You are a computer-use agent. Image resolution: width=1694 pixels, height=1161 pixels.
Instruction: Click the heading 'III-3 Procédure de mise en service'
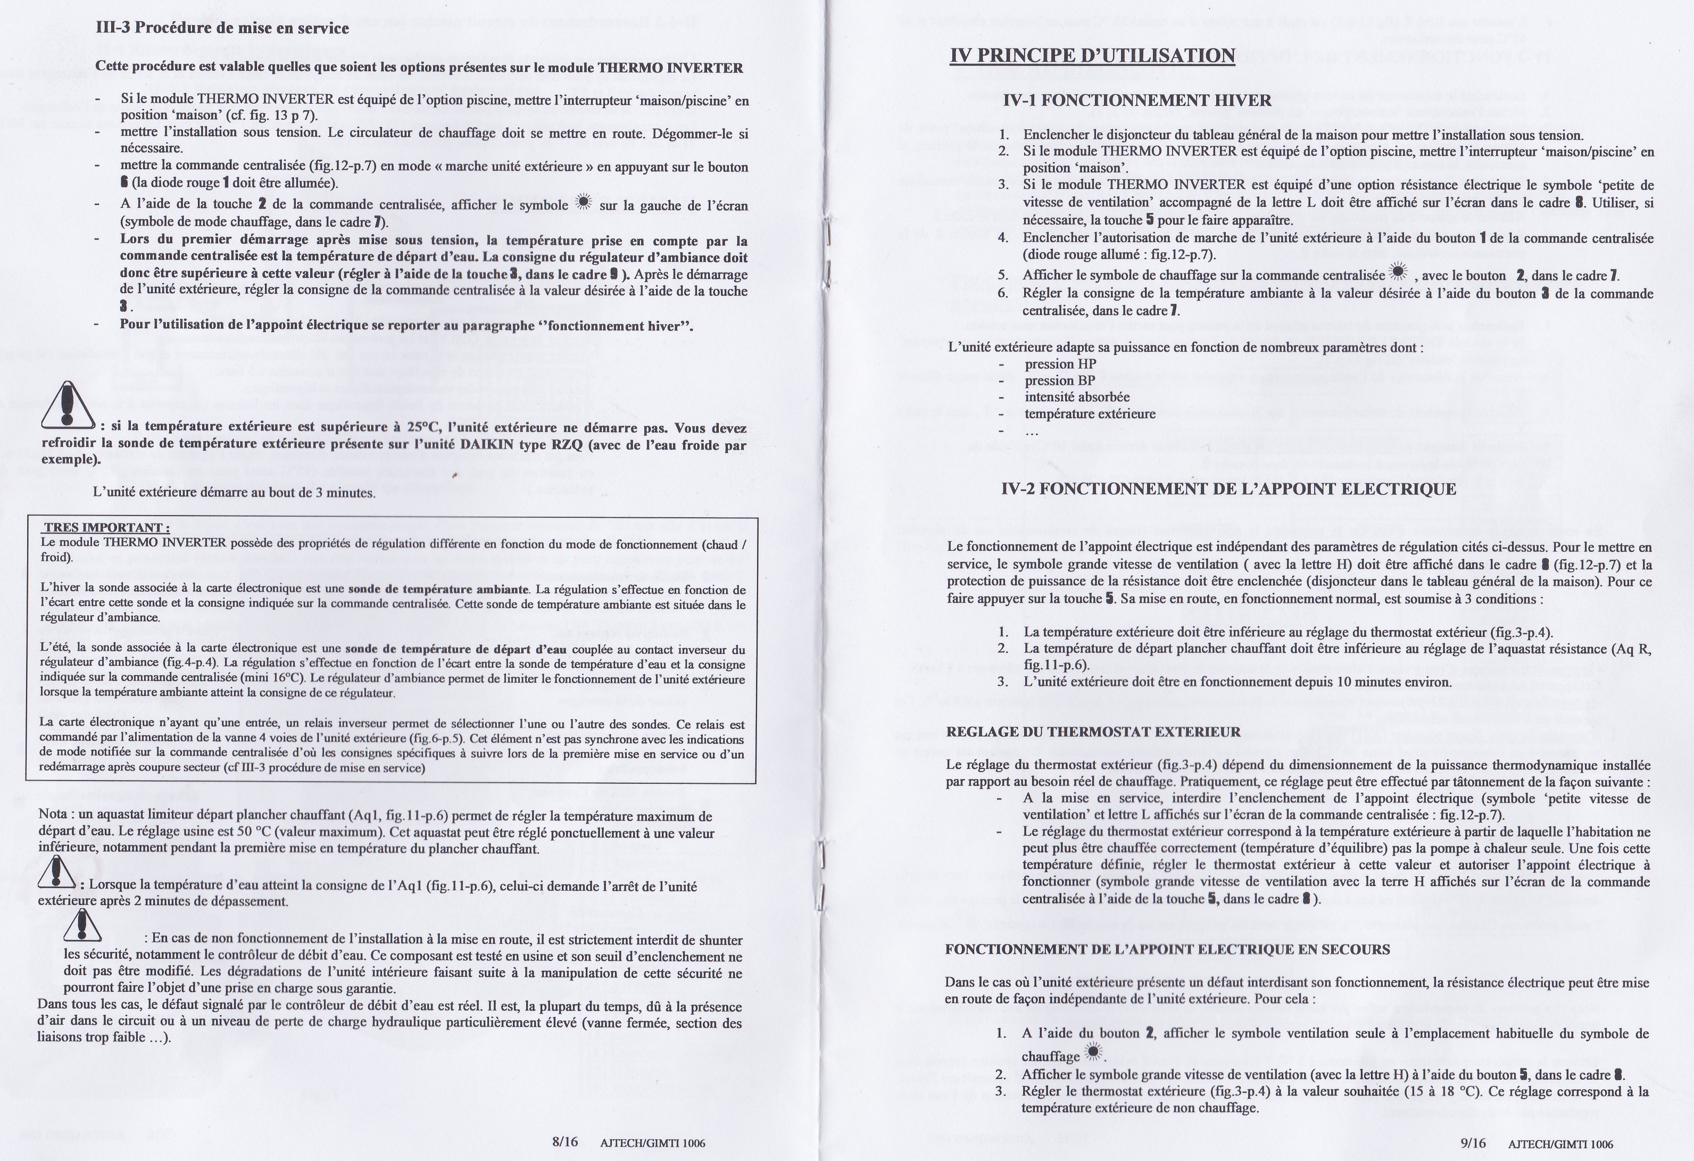click(x=222, y=28)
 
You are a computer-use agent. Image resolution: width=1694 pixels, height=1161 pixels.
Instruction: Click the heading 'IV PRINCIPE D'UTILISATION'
click(x=1092, y=55)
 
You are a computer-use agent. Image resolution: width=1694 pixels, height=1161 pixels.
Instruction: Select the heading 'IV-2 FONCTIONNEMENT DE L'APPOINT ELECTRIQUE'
click(x=1228, y=489)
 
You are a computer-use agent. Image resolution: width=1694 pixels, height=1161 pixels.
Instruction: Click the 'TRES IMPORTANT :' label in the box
click(x=107, y=527)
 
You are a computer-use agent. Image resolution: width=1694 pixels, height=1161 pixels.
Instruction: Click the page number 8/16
click(x=565, y=1141)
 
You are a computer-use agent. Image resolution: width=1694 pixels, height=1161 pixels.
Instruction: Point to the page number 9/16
click(x=1473, y=1142)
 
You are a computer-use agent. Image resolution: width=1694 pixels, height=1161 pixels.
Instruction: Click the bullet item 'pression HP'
click(x=1060, y=364)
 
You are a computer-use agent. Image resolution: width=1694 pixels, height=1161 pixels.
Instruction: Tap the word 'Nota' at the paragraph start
click(x=53, y=816)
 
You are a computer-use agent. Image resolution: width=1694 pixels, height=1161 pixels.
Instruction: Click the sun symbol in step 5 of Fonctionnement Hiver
click(x=1397, y=272)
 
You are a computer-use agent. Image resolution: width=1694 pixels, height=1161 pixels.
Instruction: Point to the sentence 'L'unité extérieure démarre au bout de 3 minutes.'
click(x=234, y=493)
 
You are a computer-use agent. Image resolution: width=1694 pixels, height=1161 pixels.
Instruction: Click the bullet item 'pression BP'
click(x=1060, y=380)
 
